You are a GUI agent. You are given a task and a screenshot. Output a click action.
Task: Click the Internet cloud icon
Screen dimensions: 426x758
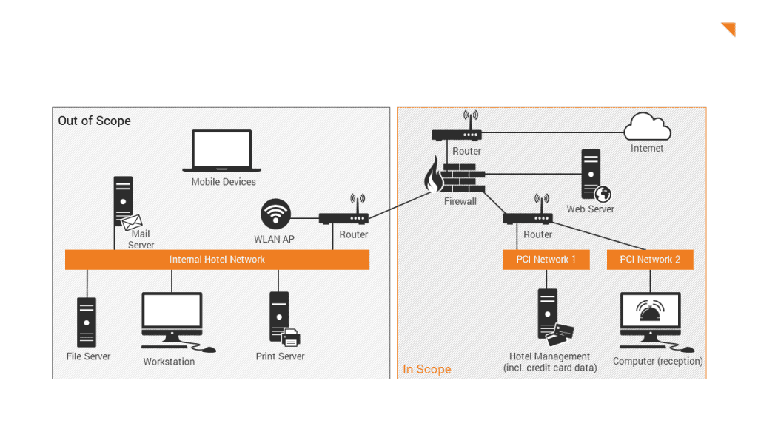647,127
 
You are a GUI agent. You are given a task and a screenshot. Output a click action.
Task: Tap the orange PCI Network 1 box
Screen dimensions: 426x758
547,260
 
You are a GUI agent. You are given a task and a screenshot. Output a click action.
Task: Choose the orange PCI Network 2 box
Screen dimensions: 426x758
650,260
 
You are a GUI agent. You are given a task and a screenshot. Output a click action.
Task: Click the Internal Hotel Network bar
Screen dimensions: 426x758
217,260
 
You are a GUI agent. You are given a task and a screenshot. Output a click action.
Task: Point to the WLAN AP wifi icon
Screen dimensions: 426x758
275,215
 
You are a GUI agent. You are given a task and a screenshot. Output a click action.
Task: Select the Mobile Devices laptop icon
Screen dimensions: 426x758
222,152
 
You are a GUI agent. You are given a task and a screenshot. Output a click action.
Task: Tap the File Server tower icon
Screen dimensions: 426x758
87,322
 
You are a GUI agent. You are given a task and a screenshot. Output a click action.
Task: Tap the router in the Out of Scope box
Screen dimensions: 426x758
343,218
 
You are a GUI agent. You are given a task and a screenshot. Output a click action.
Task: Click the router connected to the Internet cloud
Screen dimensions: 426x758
457,135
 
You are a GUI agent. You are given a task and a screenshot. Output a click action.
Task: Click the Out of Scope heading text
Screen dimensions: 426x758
94,121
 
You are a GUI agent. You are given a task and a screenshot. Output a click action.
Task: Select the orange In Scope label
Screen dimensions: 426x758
426,369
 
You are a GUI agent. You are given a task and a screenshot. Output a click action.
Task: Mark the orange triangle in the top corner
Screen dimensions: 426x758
729,29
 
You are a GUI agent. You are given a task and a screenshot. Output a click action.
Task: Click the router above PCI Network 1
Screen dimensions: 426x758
528,218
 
